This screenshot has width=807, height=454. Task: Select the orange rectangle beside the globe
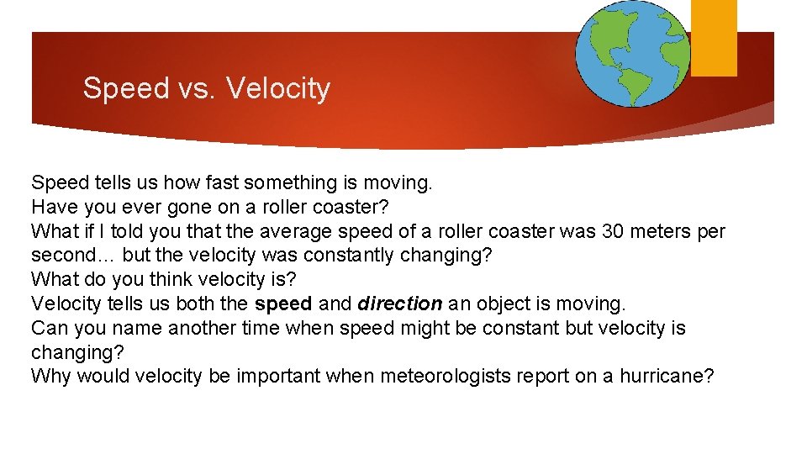[714, 38]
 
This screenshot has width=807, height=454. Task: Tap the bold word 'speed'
[282, 304]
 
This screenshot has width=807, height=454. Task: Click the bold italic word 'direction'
[399, 304]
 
